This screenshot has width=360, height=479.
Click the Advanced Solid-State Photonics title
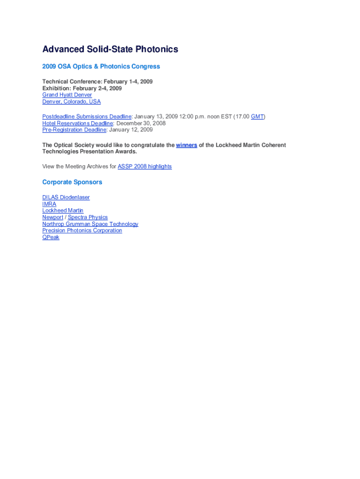point(110,49)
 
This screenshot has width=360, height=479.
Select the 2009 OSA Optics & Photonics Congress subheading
point(101,66)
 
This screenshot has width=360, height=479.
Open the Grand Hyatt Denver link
point(67,95)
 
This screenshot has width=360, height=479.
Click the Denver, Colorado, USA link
point(72,102)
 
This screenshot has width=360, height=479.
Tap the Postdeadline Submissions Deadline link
point(86,116)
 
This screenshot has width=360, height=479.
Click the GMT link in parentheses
point(257,116)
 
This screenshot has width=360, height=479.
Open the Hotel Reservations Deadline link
point(78,123)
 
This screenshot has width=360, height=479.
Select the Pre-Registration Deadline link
point(74,130)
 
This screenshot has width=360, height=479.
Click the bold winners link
point(187,145)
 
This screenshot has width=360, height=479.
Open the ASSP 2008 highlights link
point(144,167)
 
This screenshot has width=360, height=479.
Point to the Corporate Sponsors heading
point(72,182)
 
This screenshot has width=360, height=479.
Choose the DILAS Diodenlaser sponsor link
point(66,197)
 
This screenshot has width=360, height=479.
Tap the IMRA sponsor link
point(49,204)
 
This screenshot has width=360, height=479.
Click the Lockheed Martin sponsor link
point(63,210)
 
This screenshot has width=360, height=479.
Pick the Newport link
point(52,217)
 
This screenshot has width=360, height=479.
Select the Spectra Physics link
point(88,217)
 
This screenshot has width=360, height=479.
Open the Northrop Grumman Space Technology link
point(90,224)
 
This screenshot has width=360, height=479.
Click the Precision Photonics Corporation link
point(82,231)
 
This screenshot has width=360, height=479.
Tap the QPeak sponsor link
point(51,237)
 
